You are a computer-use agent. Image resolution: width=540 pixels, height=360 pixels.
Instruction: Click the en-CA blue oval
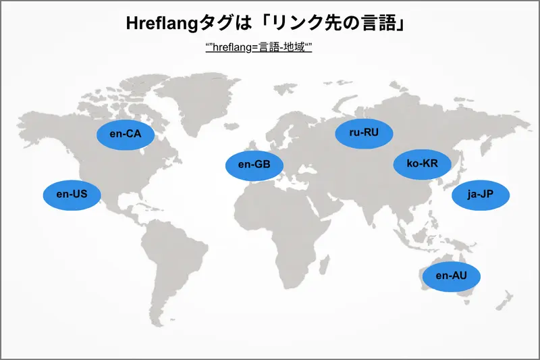(x=125, y=134)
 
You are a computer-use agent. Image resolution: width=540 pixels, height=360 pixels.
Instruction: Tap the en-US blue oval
(x=72, y=195)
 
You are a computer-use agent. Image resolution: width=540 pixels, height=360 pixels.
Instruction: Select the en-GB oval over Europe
(x=254, y=164)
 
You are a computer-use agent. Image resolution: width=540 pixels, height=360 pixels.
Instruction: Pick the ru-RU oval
(x=364, y=132)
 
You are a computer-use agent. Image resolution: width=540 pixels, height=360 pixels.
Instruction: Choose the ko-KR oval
(x=422, y=164)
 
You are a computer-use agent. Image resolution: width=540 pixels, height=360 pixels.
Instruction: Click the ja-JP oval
(x=481, y=195)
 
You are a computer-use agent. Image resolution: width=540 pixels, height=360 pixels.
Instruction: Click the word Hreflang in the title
(x=160, y=25)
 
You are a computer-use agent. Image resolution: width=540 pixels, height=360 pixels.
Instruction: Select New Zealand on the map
(x=503, y=304)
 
